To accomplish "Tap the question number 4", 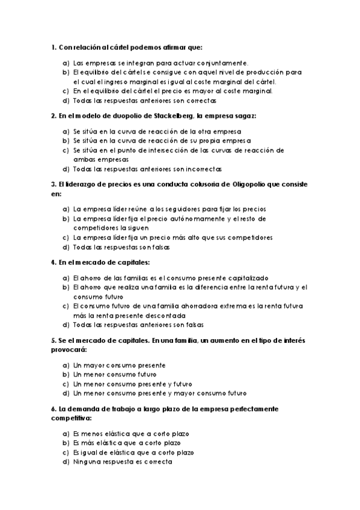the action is [53, 262].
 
